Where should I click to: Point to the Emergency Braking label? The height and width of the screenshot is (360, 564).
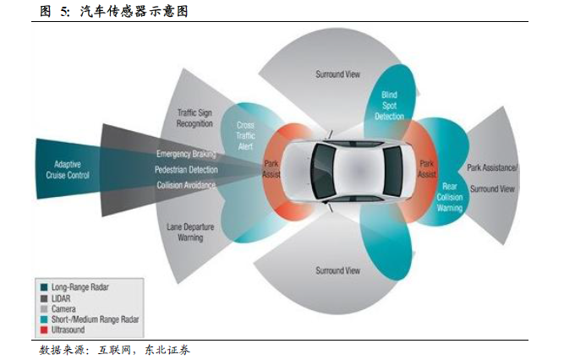point(186,155)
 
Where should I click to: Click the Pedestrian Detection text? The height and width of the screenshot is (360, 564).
point(186,170)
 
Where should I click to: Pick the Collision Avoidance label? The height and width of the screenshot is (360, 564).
point(186,185)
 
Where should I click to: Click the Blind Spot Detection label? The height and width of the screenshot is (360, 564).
point(390,106)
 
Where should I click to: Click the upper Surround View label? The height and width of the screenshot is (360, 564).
point(337,74)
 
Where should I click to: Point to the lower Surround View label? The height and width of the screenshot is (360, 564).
point(337,270)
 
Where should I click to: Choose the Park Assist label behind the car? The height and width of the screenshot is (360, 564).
point(427,169)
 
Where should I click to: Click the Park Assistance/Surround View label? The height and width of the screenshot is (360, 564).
point(491,178)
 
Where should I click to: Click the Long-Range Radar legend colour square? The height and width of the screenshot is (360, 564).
point(42,287)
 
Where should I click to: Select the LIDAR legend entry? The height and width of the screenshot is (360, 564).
point(61,298)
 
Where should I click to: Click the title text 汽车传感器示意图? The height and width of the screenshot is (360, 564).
point(134,11)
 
